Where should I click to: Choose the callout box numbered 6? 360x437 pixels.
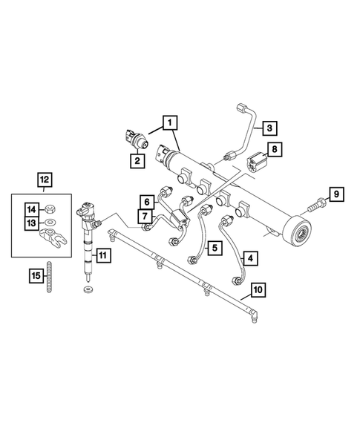(x=146, y=201)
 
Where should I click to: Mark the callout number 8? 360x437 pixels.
(x=274, y=151)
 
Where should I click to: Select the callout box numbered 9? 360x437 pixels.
(x=336, y=195)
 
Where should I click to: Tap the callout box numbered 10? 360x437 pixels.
(x=257, y=289)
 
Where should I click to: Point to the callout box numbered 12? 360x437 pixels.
(x=45, y=179)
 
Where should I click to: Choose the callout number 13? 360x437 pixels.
(x=33, y=223)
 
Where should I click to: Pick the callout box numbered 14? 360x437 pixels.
(x=33, y=208)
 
